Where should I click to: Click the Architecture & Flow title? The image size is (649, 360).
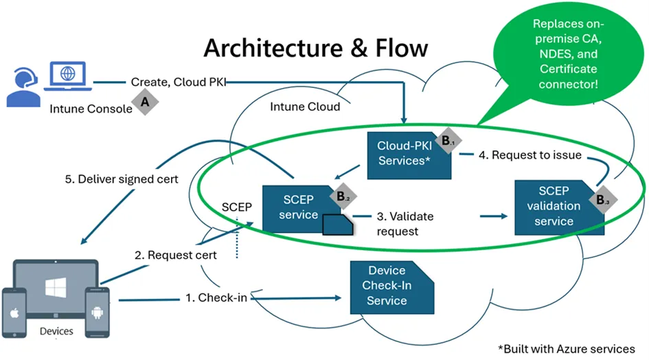315,47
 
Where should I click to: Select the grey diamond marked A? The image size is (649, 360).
145,102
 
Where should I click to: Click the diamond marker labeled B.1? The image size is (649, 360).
447,141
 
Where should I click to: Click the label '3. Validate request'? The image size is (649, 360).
405,223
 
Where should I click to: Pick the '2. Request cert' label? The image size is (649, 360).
176,255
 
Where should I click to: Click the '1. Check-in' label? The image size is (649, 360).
217,298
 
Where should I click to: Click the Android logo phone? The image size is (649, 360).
98,312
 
